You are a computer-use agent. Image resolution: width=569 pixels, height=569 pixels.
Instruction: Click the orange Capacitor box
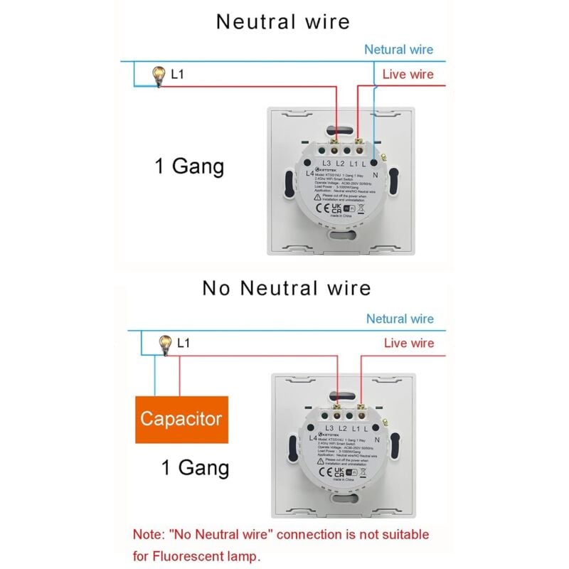coord(181,419)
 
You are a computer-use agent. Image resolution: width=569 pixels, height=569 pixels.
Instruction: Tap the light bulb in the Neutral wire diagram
coord(159,75)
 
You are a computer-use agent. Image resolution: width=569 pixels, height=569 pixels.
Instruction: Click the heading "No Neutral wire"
coord(286,288)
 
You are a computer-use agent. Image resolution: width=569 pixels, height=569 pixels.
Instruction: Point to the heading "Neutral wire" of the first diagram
coord(283,21)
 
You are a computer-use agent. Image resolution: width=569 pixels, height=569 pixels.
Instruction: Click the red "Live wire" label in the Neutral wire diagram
coord(408,74)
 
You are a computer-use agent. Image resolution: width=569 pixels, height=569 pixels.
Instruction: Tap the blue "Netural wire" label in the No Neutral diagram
coord(399,319)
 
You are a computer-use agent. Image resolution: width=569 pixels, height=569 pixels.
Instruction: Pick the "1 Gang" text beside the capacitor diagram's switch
coord(195,468)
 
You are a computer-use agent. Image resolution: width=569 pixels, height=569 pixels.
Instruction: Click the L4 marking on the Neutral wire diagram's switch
coord(309,173)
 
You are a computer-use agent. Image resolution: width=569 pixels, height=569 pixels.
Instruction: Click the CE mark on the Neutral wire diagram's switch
coord(321,209)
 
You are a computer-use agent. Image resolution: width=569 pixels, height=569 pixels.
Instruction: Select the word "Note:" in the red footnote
coord(149,534)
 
